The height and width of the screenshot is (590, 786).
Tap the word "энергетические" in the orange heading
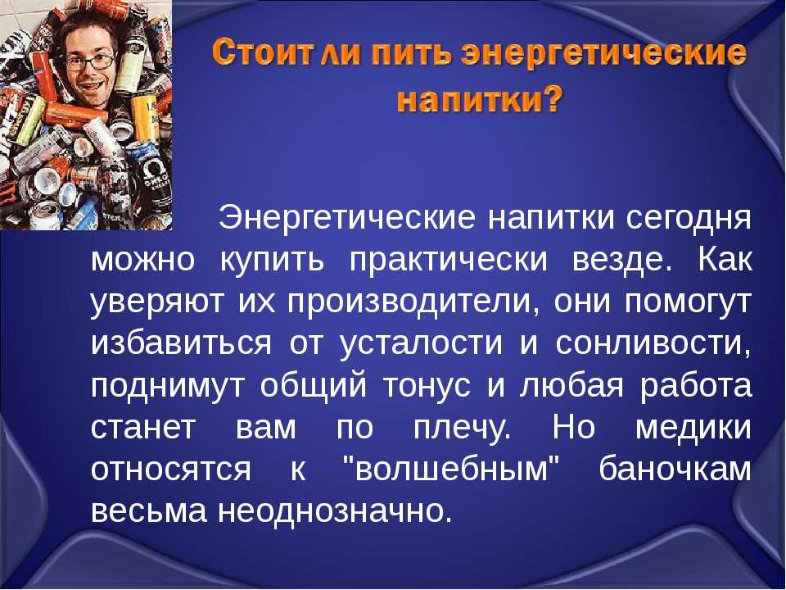click(606, 56)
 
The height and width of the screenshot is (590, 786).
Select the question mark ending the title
click(553, 99)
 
